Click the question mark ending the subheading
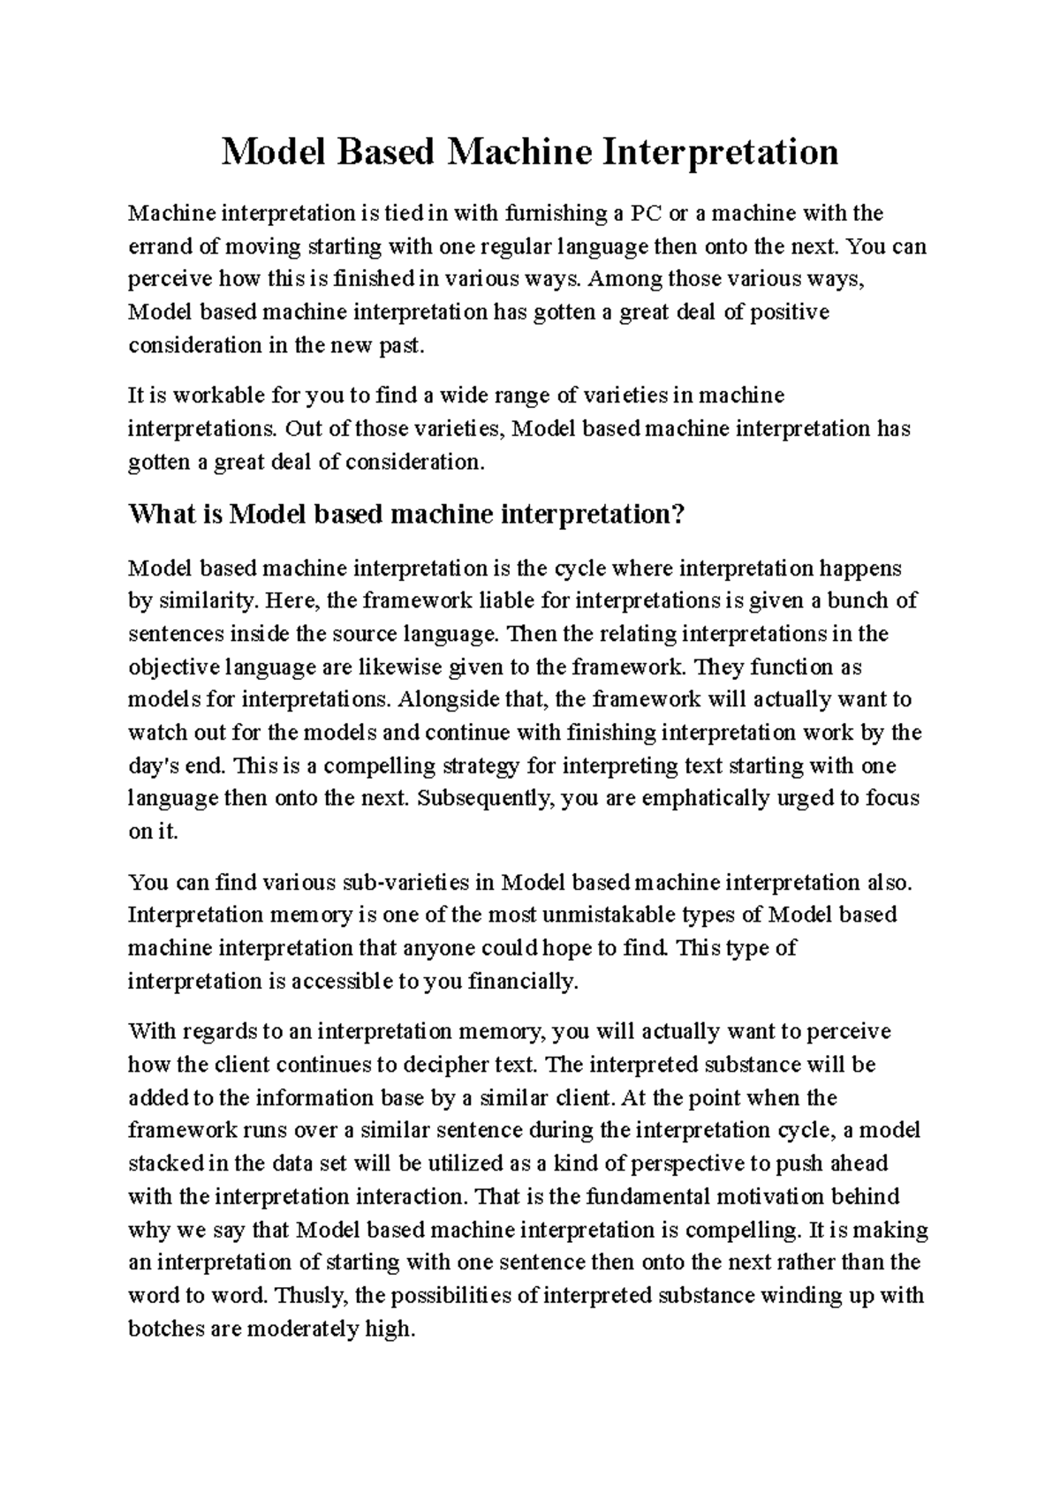pos(679,514)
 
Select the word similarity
pos(207,601)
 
